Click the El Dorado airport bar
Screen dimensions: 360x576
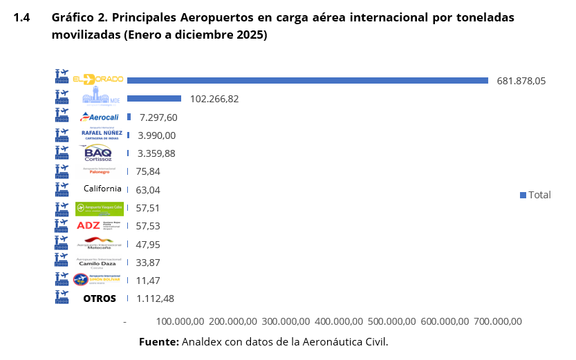[308, 81]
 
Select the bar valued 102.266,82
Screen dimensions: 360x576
[154, 99]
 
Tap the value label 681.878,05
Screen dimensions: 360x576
[521, 81]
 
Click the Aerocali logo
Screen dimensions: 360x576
[100, 117]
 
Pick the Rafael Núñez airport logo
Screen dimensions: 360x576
[102, 135]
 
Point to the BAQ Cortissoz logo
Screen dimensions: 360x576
[102, 153]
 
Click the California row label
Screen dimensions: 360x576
[102, 189]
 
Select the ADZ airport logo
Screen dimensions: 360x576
[100, 225]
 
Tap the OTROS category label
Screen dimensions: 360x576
[100, 299]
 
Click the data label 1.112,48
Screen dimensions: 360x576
[156, 299]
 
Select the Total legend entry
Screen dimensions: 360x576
[536, 195]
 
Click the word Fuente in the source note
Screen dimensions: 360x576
[159, 341]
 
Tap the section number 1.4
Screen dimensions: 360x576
[21, 18]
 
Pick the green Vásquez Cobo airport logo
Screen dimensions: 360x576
[100, 207]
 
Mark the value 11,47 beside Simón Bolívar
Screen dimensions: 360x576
[148, 280]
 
